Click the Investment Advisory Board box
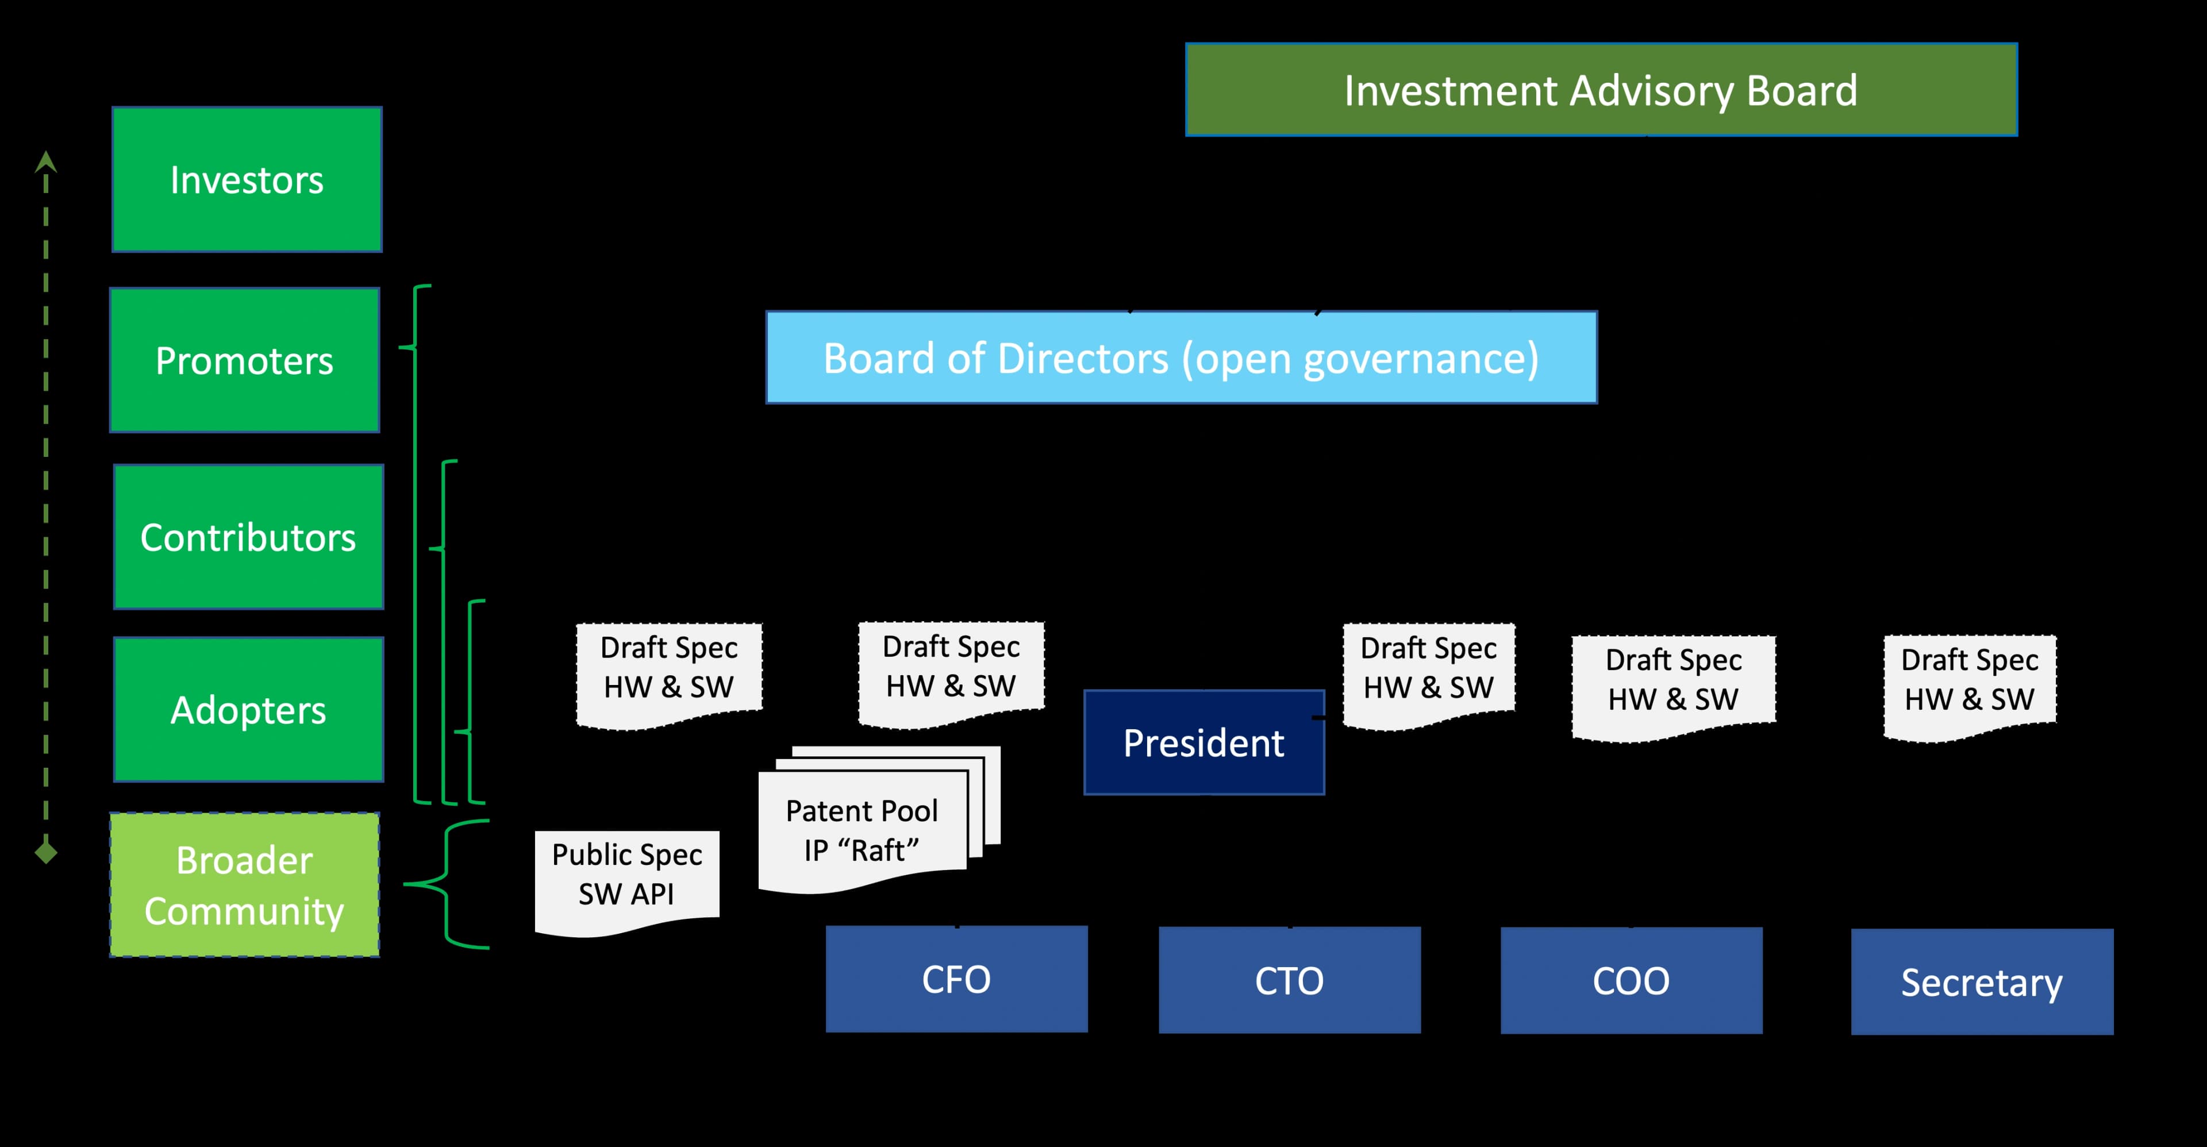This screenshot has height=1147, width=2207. coord(1601,90)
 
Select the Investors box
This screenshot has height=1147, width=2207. coord(247,180)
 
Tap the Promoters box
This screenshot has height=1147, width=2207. coord(245,360)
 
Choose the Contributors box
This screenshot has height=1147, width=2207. coord(248,537)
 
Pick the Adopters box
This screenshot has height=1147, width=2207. coord(248,709)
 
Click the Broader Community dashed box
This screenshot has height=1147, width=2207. coord(245,885)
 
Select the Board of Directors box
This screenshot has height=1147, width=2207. coord(1181,357)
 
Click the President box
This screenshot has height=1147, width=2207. coord(1204,742)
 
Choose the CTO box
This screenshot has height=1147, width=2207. coord(1289,980)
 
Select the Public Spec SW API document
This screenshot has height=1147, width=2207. coord(626,875)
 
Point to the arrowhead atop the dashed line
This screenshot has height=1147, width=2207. coord(46,161)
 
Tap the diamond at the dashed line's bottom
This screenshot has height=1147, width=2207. coord(46,852)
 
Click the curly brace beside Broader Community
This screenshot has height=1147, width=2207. coord(445,884)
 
